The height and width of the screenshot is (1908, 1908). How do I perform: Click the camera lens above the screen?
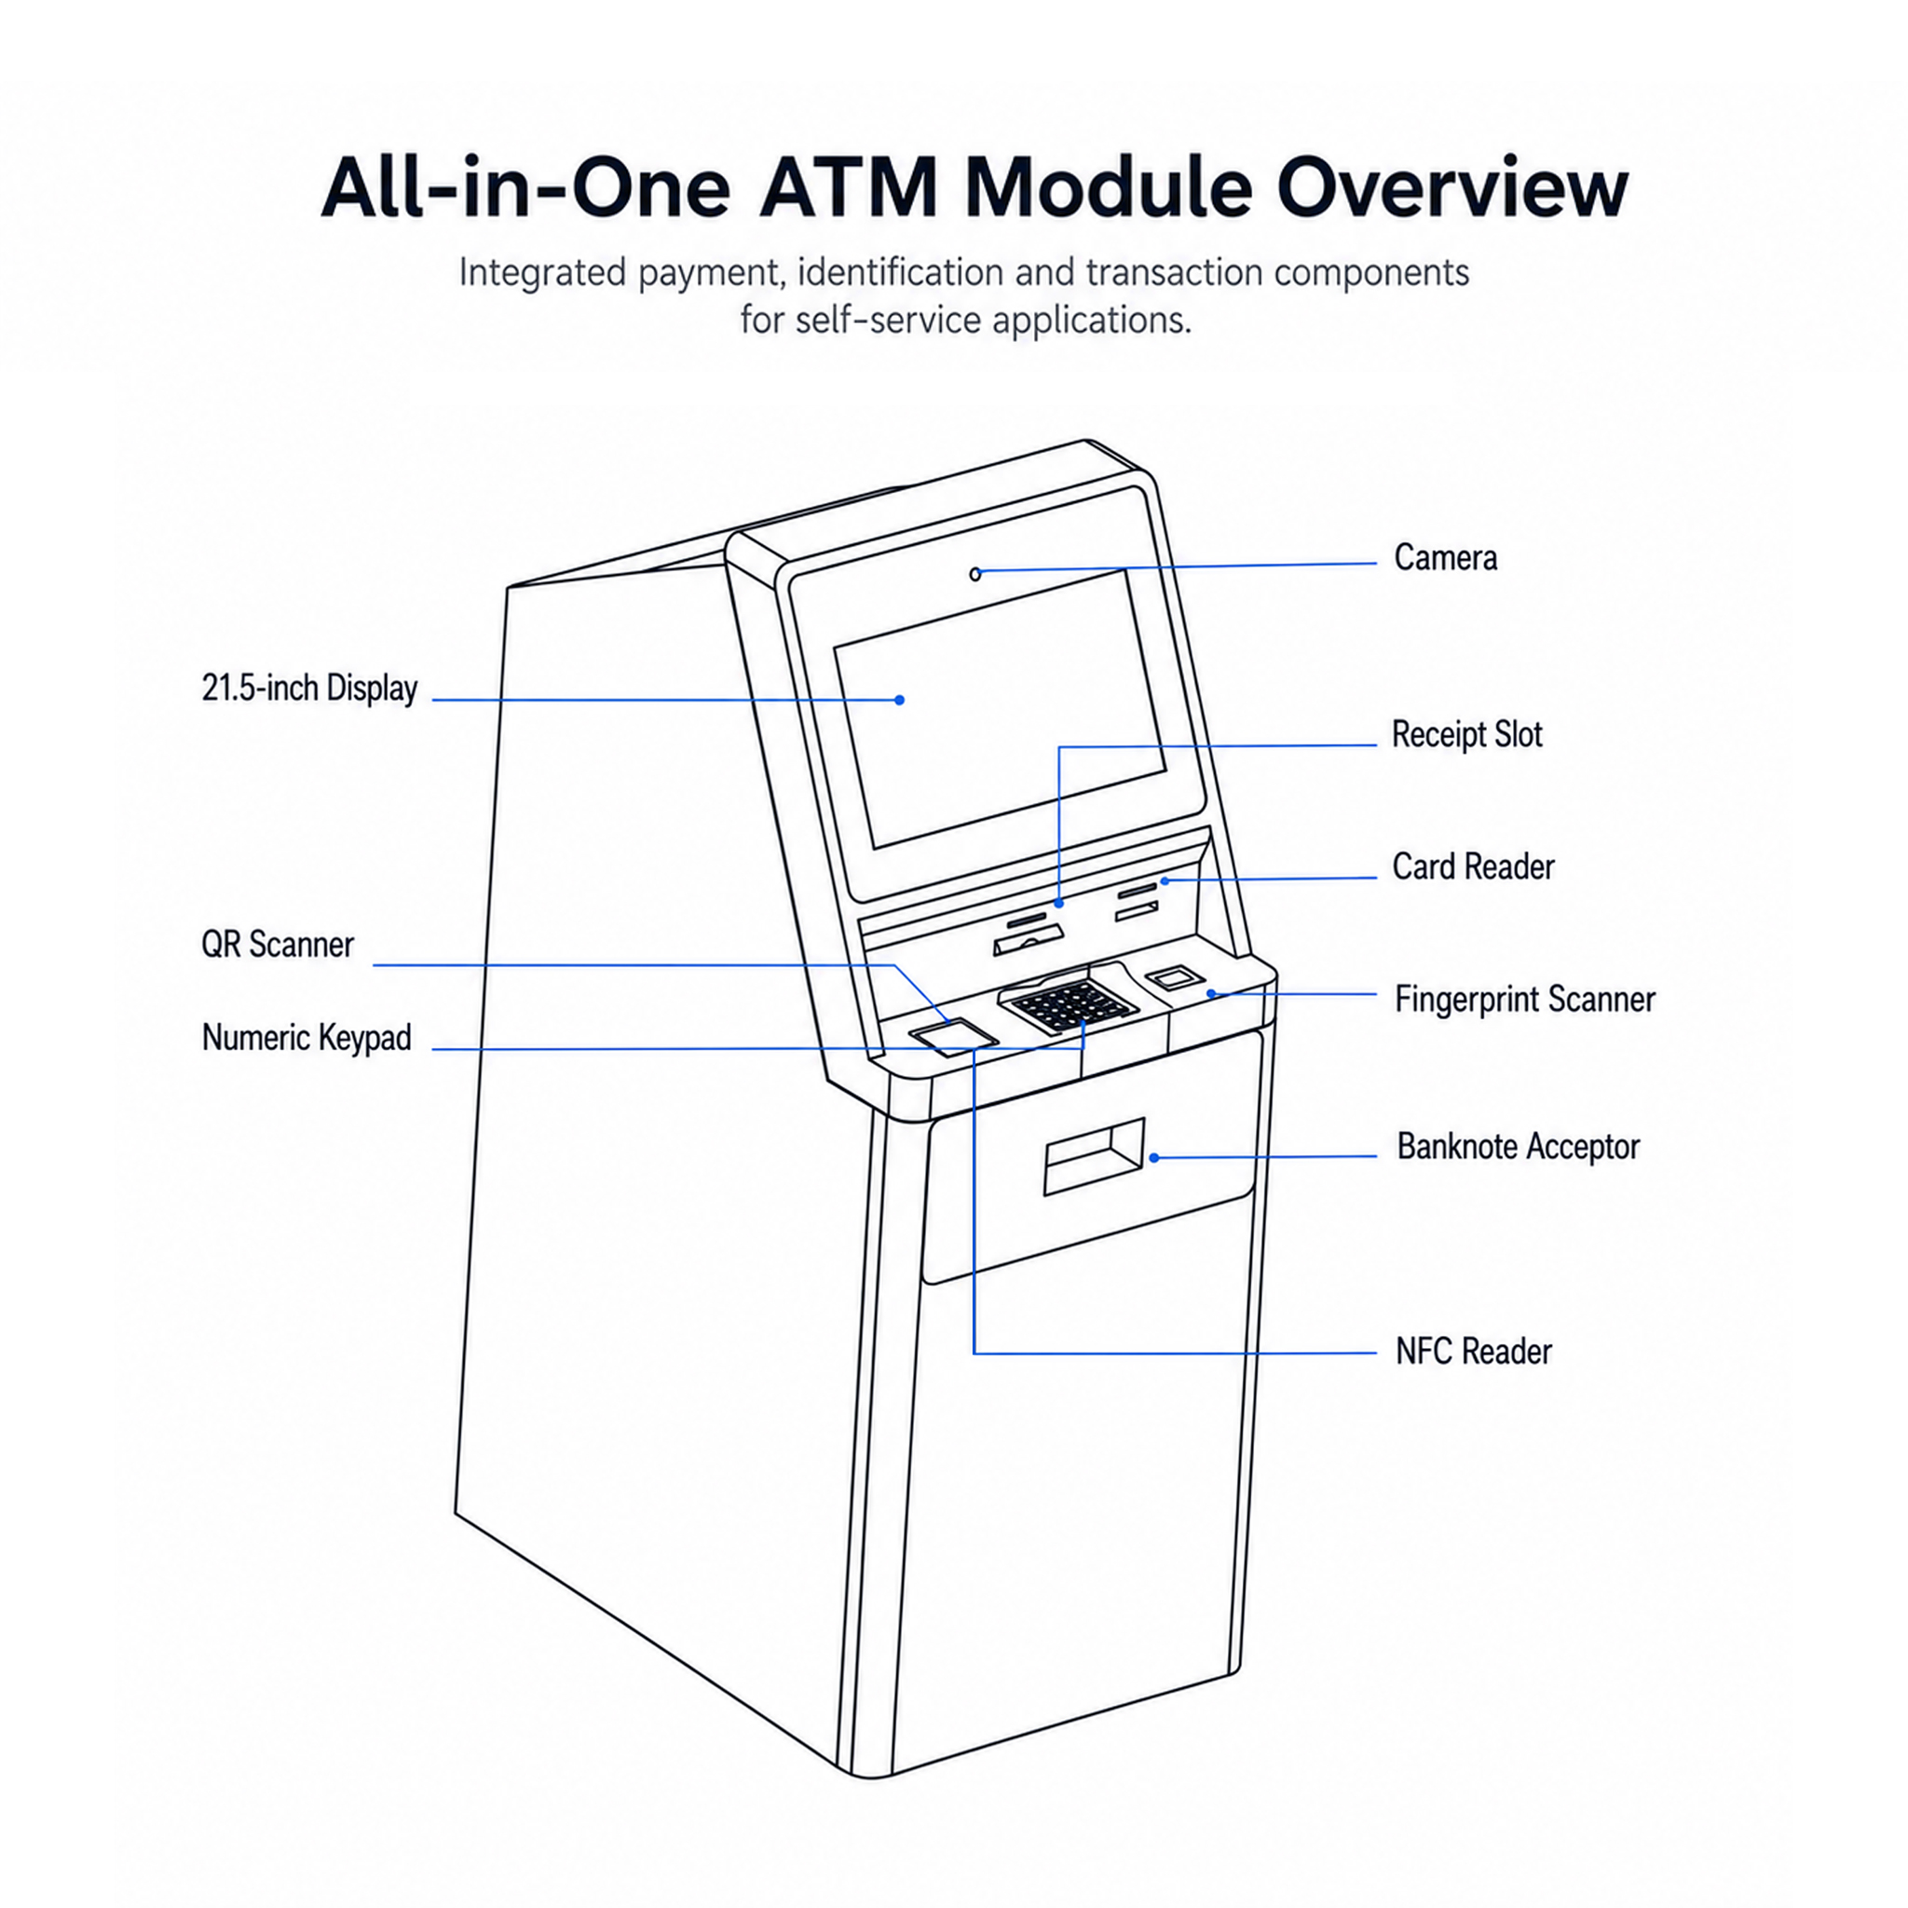(975, 574)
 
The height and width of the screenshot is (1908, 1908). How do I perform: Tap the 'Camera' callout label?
(1445, 558)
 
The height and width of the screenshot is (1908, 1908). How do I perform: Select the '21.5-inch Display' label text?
(309, 688)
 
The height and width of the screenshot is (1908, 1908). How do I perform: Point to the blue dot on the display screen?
(900, 701)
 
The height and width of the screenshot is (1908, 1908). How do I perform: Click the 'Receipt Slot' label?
(1466, 735)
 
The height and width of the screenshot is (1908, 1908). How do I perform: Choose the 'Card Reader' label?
(1473, 867)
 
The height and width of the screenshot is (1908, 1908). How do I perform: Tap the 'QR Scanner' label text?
(278, 944)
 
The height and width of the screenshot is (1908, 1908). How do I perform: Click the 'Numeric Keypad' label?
(307, 1038)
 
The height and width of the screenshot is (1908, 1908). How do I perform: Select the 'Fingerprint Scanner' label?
(1524, 1000)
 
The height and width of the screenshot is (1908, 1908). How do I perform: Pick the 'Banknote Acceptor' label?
(1518, 1147)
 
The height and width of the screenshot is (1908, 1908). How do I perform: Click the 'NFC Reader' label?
(1474, 1351)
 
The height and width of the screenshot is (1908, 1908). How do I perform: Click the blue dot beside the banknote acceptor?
(1154, 1157)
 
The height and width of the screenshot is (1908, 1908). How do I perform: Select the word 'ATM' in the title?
(848, 187)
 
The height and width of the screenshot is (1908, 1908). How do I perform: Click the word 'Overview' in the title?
(1451, 187)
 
